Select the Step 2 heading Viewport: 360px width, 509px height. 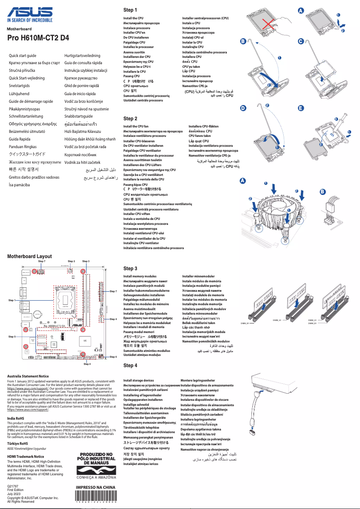pyautogui.click(x=130, y=118)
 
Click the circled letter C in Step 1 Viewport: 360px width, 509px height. pyautogui.click(x=301, y=41)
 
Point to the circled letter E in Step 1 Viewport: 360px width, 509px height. pyautogui.click(x=301, y=108)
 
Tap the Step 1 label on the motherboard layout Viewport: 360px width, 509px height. pyautogui.click(x=12, y=300)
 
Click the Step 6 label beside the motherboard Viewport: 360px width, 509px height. pyautogui.click(x=113, y=357)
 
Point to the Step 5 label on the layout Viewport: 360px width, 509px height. pyautogui.click(x=12, y=336)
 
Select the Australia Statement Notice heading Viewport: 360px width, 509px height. pyautogui.click(x=28, y=376)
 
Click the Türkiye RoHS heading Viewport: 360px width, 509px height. pyautogui.click(x=18, y=443)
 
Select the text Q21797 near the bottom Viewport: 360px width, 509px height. pyautogui.click(x=13, y=486)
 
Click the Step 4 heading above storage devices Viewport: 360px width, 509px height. pyautogui.click(x=130, y=365)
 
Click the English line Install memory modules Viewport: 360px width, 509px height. pyautogui.click(x=140, y=276)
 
